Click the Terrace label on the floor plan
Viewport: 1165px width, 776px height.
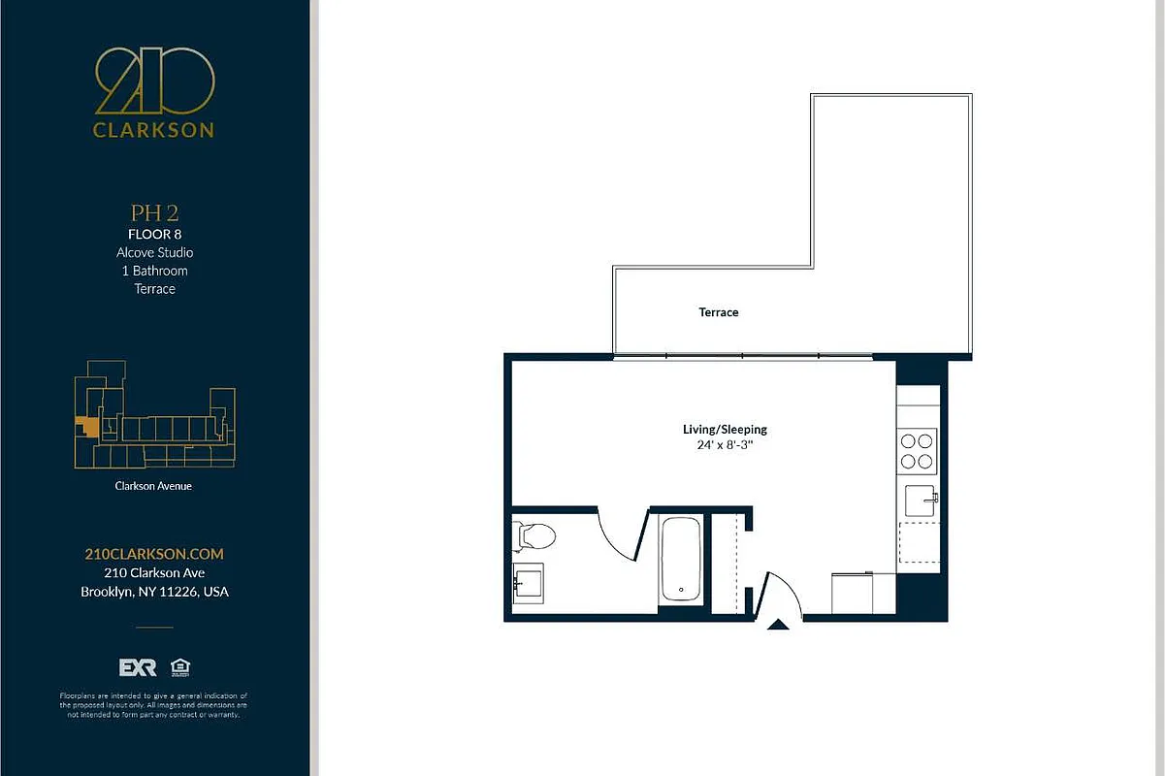[x=719, y=312]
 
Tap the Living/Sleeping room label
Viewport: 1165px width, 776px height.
[x=725, y=429]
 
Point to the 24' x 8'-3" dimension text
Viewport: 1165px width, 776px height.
[x=725, y=446]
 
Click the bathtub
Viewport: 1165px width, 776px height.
[x=681, y=561]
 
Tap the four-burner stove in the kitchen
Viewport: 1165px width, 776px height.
[x=918, y=450]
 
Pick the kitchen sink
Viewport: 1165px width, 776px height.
[x=921, y=501]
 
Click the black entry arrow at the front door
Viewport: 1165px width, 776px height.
[x=778, y=626]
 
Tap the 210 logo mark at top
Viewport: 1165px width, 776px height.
[x=154, y=82]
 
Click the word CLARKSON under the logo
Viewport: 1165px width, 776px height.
[x=154, y=130]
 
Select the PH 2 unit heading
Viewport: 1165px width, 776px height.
[x=154, y=212]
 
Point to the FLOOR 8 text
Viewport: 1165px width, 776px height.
[x=154, y=234]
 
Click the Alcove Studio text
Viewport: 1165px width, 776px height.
[x=154, y=252]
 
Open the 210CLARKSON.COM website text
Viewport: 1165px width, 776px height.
[x=154, y=554]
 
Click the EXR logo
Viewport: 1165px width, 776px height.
[x=137, y=667]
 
